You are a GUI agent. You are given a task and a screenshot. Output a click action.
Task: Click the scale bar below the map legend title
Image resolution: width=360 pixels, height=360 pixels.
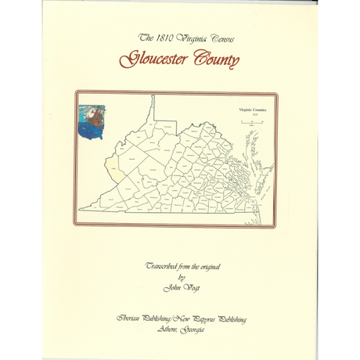(x=253, y=123)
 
